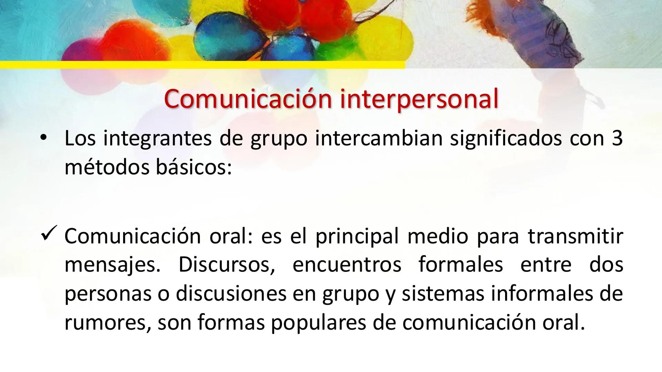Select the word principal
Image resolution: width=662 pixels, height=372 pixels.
coord(357,236)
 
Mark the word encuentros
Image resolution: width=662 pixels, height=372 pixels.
coord(347,265)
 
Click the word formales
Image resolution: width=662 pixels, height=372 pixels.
coord(461,265)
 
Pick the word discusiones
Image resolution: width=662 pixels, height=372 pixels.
coord(231,294)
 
